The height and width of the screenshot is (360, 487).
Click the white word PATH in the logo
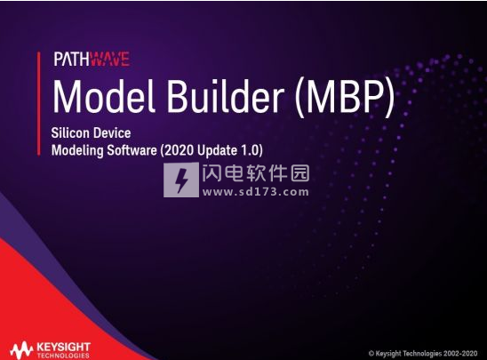tap(72, 59)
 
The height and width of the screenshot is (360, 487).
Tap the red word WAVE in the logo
tap(109, 59)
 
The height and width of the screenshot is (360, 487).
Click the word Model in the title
tap(104, 96)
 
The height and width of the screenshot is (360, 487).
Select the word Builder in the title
tap(226, 96)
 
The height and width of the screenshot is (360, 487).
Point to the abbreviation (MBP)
tap(345, 97)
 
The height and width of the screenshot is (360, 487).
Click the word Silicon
tap(70, 133)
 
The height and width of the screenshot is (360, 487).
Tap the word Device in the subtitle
tap(112, 133)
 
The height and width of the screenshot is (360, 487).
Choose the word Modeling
tap(77, 150)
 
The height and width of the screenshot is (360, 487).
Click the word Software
tap(132, 150)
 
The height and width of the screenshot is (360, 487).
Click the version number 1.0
tap(251, 150)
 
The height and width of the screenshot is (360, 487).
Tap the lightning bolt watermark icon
tap(181, 180)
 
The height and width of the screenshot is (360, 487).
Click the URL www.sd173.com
tap(256, 192)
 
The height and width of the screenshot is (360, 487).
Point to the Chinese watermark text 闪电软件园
tap(256, 173)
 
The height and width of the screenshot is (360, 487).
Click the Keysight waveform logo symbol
tap(21, 350)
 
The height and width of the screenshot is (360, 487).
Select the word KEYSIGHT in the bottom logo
tap(63, 347)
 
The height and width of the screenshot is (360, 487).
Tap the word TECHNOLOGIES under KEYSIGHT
tap(63, 356)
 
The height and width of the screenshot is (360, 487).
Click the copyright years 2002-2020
tap(460, 353)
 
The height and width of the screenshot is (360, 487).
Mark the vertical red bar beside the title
tap(39, 103)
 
